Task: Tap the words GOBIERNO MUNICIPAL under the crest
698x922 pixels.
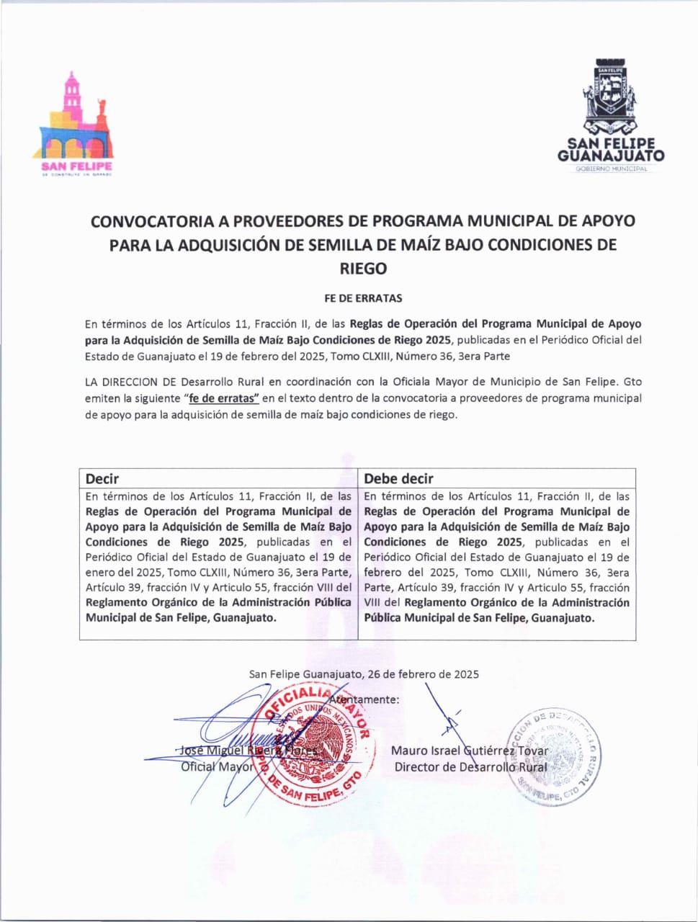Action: coord(611,169)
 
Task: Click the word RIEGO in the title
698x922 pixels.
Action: coord(363,269)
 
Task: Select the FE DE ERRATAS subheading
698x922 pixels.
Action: coord(363,297)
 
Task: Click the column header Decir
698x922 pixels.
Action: coord(102,479)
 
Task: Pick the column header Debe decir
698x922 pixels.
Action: coord(399,479)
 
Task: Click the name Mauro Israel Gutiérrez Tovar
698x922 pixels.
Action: coord(470,751)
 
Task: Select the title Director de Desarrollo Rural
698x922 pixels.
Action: coord(470,767)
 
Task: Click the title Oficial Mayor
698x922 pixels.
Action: coord(217,767)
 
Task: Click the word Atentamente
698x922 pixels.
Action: coord(365,699)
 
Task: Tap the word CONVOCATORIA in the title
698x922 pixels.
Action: coord(152,221)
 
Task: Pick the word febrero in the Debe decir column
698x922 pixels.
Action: coord(384,573)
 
